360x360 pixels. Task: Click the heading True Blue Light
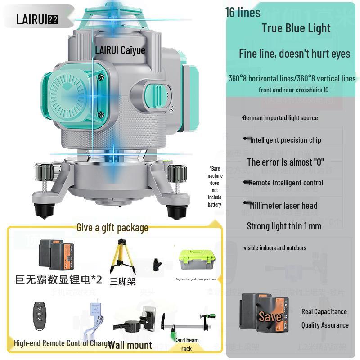(x=296, y=28)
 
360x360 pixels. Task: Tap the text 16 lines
(x=243, y=13)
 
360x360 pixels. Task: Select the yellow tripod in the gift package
(x=123, y=257)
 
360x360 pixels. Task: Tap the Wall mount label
(x=130, y=345)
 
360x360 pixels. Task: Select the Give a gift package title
(x=112, y=228)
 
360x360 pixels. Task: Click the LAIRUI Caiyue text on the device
(x=120, y=50)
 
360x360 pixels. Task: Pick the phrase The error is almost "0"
(x=285, y=162)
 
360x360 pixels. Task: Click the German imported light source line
(x=280, y=118)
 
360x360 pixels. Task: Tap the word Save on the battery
(x=270, y=317)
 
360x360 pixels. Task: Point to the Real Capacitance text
(x=324, y=311)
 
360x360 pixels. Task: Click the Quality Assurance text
(x=325, y=325)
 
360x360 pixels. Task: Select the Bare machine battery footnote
(x=215, y=186)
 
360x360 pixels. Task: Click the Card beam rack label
(x=186, y=344)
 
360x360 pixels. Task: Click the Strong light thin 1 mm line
(x=284, y=226)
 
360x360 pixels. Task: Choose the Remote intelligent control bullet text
(x=286, y=183)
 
